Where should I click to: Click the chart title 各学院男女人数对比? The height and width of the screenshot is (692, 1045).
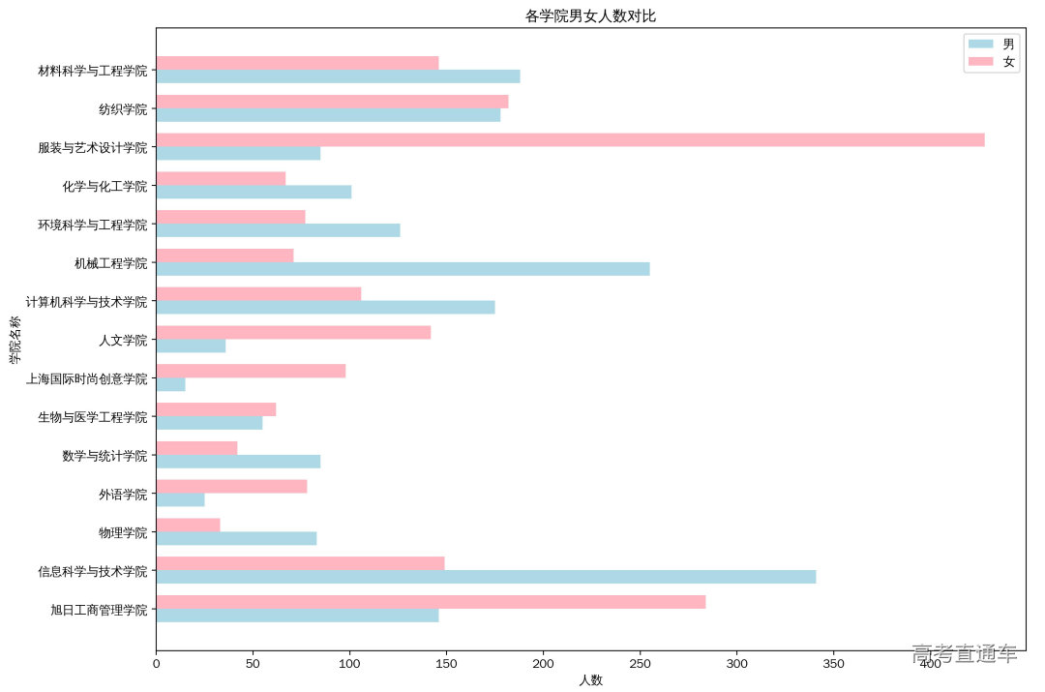pos(590,15)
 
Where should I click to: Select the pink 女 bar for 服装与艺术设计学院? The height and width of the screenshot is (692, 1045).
pos(570,139)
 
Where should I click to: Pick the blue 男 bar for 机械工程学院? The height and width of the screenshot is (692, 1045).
pos(403,269)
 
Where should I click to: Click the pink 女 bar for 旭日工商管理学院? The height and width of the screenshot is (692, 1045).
pos(431,602)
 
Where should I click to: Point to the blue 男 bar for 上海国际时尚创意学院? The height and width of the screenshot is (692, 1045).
pos(170,384)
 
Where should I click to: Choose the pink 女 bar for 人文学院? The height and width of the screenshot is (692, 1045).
pos(293,333)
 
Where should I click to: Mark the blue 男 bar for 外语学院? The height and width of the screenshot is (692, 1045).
pos(180,499)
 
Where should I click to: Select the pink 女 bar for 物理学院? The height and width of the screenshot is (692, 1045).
pos(188,525)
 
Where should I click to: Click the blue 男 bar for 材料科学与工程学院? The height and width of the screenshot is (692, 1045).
pos(338,76)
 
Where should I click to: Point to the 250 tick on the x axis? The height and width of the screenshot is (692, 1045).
pos(641,665)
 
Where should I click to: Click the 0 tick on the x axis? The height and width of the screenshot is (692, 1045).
pos(156,665)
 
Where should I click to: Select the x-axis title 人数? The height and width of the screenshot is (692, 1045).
pos(590,680)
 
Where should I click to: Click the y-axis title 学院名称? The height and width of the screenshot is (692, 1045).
pos(15,340)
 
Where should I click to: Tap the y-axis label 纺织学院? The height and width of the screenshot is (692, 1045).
pos(123,108)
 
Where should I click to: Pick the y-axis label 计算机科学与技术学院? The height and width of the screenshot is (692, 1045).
pos(94,302)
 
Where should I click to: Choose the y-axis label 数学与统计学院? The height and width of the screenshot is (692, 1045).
pos(104,456)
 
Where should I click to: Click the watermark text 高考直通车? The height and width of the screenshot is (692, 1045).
pos(964,654)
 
